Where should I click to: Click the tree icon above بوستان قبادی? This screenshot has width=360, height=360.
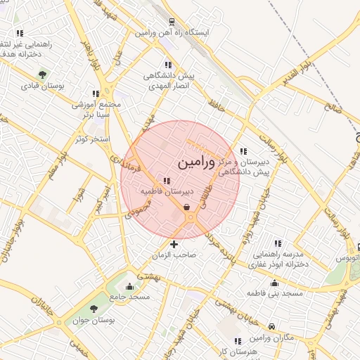[x=43, y=74]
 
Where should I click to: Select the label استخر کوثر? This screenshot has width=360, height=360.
[x=94, y=139]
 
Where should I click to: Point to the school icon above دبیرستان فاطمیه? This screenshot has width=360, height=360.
[x=166, y=181]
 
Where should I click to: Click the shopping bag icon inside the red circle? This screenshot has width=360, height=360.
[x=186, y=207]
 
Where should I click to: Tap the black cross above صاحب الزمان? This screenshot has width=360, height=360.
[x=174, y=244]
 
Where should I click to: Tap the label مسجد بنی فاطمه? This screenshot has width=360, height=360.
[x=274, y=291]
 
